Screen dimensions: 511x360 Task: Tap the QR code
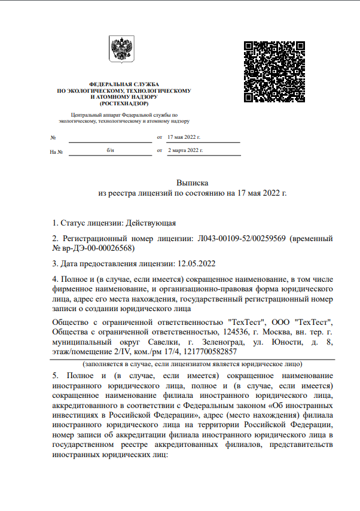[276, 71]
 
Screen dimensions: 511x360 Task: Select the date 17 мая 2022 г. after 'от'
[184, 137]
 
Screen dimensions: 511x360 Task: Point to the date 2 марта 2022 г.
[185, 150]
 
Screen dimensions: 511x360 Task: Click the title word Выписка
[192, 181]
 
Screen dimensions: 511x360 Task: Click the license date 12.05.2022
[197, 263]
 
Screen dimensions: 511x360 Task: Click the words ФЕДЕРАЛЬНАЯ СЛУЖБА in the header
[123, 84]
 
